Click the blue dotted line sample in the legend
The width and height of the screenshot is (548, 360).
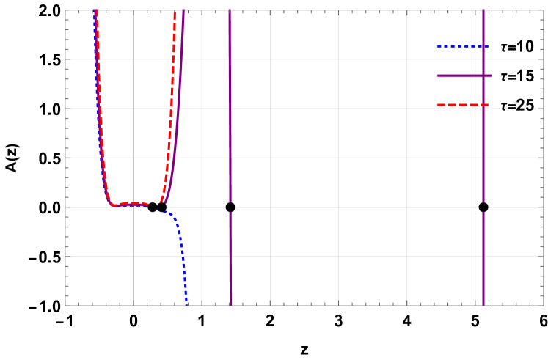462,46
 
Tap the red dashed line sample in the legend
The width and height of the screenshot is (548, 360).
462,105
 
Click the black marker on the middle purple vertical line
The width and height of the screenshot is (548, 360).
230,207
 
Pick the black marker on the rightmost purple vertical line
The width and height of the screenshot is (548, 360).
483,207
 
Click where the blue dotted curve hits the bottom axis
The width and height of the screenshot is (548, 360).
186,304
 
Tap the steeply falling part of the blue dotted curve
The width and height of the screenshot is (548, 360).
183,257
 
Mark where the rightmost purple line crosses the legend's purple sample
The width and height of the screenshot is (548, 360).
483,76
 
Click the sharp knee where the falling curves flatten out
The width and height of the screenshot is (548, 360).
112,205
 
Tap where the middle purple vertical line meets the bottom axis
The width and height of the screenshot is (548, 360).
231,305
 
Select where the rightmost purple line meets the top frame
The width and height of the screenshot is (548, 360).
483,11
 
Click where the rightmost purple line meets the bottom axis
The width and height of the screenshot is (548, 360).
483,305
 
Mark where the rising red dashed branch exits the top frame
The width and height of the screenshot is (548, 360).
174,11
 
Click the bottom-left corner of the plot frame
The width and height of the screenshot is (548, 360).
65,305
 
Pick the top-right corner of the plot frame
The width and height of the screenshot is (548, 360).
543,11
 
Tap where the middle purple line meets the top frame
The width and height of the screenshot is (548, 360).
230,11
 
